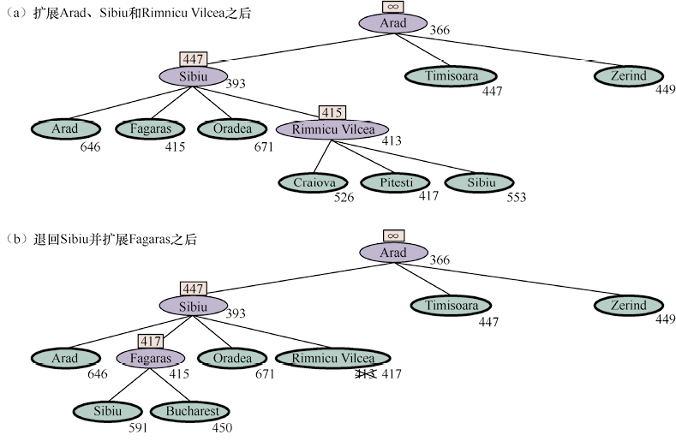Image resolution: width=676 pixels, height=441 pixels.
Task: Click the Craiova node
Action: [314, 182]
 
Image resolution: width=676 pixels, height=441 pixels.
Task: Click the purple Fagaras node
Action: [150, 358]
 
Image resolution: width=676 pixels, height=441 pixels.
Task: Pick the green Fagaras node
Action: [150, 128]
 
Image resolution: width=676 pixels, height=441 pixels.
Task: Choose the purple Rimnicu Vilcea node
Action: [333, 129]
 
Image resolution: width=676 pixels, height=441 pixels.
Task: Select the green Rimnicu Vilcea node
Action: [333, 358]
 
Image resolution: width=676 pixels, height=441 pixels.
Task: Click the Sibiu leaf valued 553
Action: [479, 182]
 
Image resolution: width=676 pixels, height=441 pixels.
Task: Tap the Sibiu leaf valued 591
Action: [107, 411]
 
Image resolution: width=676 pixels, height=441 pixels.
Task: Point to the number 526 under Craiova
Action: [344, 198]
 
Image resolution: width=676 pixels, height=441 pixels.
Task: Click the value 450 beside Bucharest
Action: [221, 427]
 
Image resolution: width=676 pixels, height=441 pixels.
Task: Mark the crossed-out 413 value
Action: [367, 373]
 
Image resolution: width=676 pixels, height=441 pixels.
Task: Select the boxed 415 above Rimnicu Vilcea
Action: [332, 112]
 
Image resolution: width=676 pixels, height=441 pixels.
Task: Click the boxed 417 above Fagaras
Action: [150, 341]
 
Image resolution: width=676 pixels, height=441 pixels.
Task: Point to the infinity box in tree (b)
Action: [392, 235]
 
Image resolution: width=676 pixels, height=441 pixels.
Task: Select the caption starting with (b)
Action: [102, 240]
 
